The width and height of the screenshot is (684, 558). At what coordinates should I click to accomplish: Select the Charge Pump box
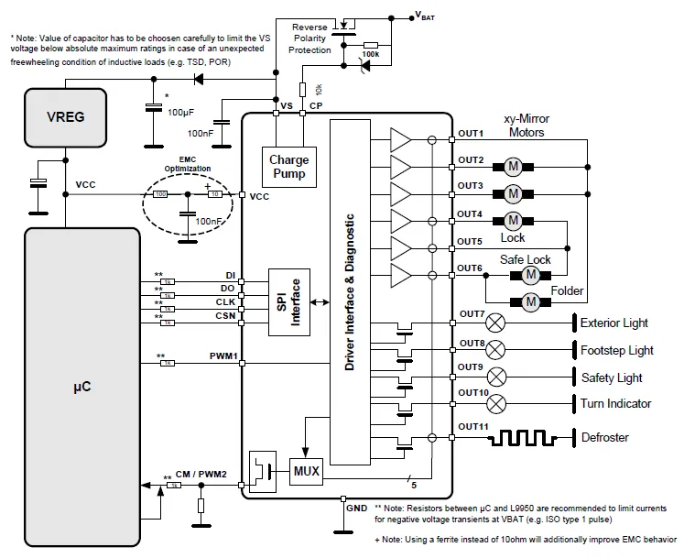pos(288,167)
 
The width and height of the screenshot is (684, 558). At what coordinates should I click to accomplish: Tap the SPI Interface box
pos(288,302)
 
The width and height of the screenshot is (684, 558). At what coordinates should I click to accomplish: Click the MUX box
pos(306,472)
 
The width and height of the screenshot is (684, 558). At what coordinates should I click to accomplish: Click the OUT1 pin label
pos(471,133)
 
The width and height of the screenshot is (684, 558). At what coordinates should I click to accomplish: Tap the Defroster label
pos(605,437)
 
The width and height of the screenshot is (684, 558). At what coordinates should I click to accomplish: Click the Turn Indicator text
pos(616,403)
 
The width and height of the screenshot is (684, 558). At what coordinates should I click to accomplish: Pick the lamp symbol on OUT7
pos(495,323)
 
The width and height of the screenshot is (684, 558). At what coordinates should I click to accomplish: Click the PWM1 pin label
pos(223,356)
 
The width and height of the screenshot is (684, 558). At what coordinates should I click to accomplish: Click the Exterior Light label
pos(614,323)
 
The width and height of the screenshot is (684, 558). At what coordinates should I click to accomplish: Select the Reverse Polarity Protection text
pos(309,38)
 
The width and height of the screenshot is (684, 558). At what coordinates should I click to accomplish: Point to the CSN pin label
pos(225,315)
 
